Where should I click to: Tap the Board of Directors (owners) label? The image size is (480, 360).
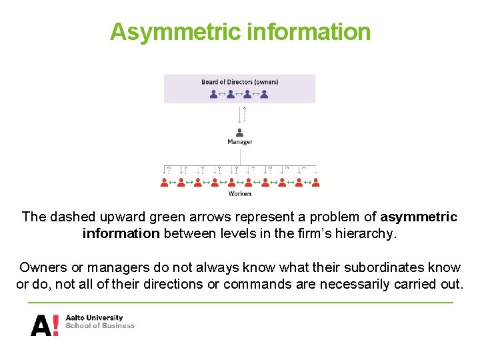point(240,82)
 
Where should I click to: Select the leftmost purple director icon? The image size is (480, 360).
point(213,94)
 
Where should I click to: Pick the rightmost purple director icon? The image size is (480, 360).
point(264,94)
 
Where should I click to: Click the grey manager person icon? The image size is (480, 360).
point(239,132)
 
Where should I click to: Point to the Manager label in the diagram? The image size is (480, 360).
point(240,142)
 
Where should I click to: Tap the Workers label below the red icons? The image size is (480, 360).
point(240,194)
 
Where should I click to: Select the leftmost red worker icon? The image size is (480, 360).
point(164,181)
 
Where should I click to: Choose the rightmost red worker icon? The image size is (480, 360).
point(315,181)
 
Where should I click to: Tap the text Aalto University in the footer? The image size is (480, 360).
point(94,318)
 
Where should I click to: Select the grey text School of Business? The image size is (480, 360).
point(99,326)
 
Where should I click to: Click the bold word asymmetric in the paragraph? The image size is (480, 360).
point(419,217)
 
